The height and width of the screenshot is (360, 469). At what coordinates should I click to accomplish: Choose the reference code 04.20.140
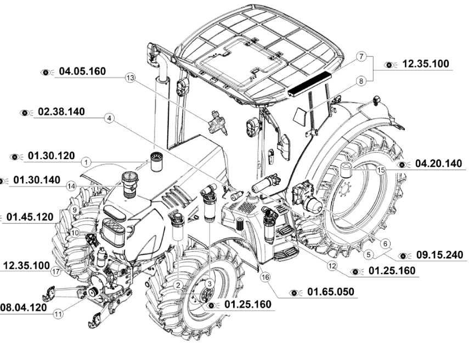(x=438, y=164)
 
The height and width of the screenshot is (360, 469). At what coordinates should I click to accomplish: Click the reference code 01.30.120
(x=51, y=156)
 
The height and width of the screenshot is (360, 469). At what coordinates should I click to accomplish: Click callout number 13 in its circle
(x=129, y=78)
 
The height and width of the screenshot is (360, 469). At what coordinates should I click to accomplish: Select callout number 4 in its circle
(x=110, y=118)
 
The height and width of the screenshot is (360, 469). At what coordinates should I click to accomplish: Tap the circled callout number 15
(x=380, y=171)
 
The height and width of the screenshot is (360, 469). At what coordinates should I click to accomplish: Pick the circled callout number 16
(x=265, y=277)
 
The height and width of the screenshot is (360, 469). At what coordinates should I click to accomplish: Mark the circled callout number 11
(x=59, y=314)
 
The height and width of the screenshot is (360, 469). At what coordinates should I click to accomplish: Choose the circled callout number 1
(x=86, y=162)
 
